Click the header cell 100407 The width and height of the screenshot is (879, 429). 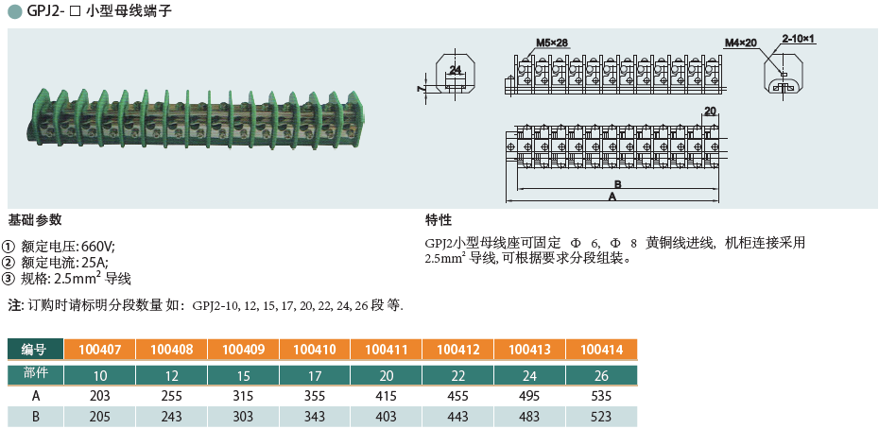tap(99, 350)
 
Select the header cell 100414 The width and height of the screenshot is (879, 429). tap(602, 350)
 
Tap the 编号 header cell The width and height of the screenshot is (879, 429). tap(35, 350)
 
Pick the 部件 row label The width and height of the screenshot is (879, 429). tap(35, 374)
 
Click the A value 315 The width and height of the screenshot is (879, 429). tap(243, 395)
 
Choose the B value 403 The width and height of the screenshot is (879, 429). tap(387, 416)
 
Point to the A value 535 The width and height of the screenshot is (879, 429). tap(602, 395)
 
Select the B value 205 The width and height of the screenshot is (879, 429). tap(99, 416)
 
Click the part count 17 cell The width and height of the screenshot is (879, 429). tap(315, 375)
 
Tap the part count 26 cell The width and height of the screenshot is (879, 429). tap(602, 375)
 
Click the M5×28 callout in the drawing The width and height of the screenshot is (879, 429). tap(552, 43)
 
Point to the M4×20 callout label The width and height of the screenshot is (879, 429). tap(742, 43)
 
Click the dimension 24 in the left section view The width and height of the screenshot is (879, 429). tap(456, 70)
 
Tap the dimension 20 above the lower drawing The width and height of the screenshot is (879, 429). tap(711, 112)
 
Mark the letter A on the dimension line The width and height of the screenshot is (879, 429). tap(612, 197)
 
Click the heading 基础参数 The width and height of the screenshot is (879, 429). tap(35, 220)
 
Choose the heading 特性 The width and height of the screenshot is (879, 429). tap(439, 220)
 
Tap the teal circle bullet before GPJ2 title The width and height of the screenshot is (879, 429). tap(14, 13)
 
